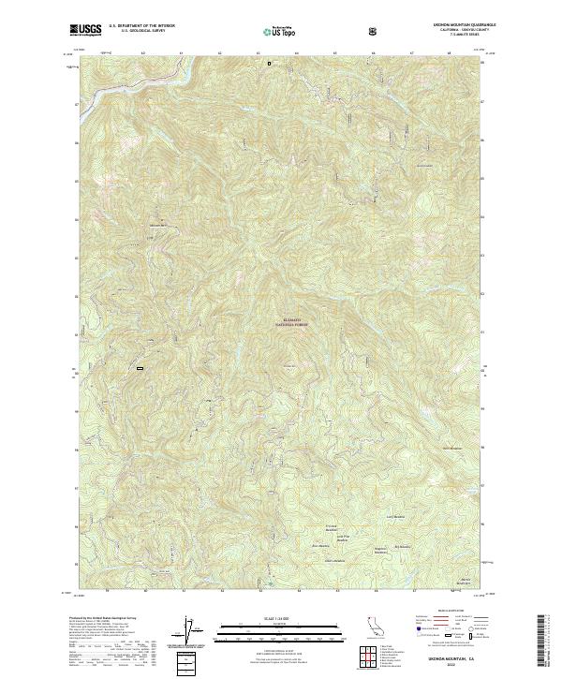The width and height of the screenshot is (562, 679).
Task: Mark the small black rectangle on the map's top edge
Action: pos(269,64)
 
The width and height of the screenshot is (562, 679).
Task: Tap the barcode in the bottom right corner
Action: pos(544,641)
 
